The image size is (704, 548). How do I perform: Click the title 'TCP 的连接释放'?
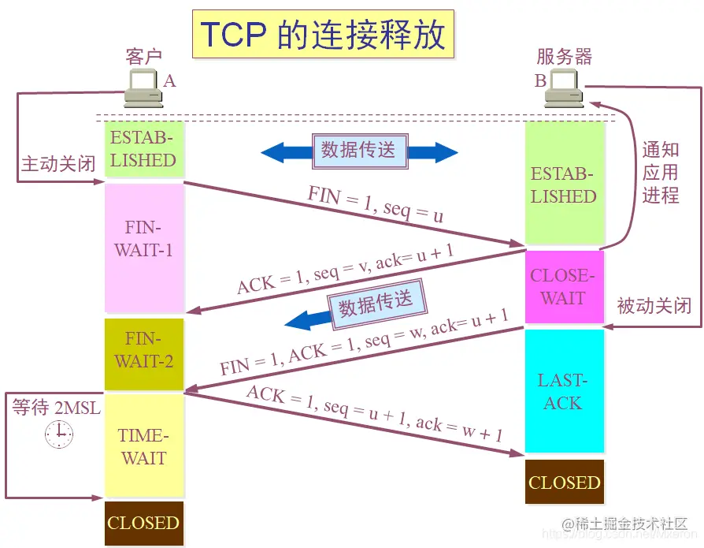pos(322,35)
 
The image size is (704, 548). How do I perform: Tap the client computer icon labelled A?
pos(143,89)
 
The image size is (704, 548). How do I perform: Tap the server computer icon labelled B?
pos(564,89)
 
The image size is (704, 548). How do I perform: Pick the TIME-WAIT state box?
pos(144,445)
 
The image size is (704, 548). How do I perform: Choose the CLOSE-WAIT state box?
pos(564,287)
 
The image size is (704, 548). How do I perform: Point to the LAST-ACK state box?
pos(564,391)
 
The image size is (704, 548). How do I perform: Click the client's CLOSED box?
pos(144,523)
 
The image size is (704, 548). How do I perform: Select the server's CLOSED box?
pos(564,482)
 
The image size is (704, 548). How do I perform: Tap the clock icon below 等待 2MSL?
pos(58,434)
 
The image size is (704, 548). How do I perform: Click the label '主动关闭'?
pos(58,164)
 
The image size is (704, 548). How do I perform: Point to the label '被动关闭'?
pos(653,305)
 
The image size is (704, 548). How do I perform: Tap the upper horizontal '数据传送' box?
pos(359,151)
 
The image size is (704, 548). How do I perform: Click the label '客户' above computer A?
pos(143,57)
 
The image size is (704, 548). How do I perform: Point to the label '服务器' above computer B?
pos(564,57)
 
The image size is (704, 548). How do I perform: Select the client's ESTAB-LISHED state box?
pos(144,149)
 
